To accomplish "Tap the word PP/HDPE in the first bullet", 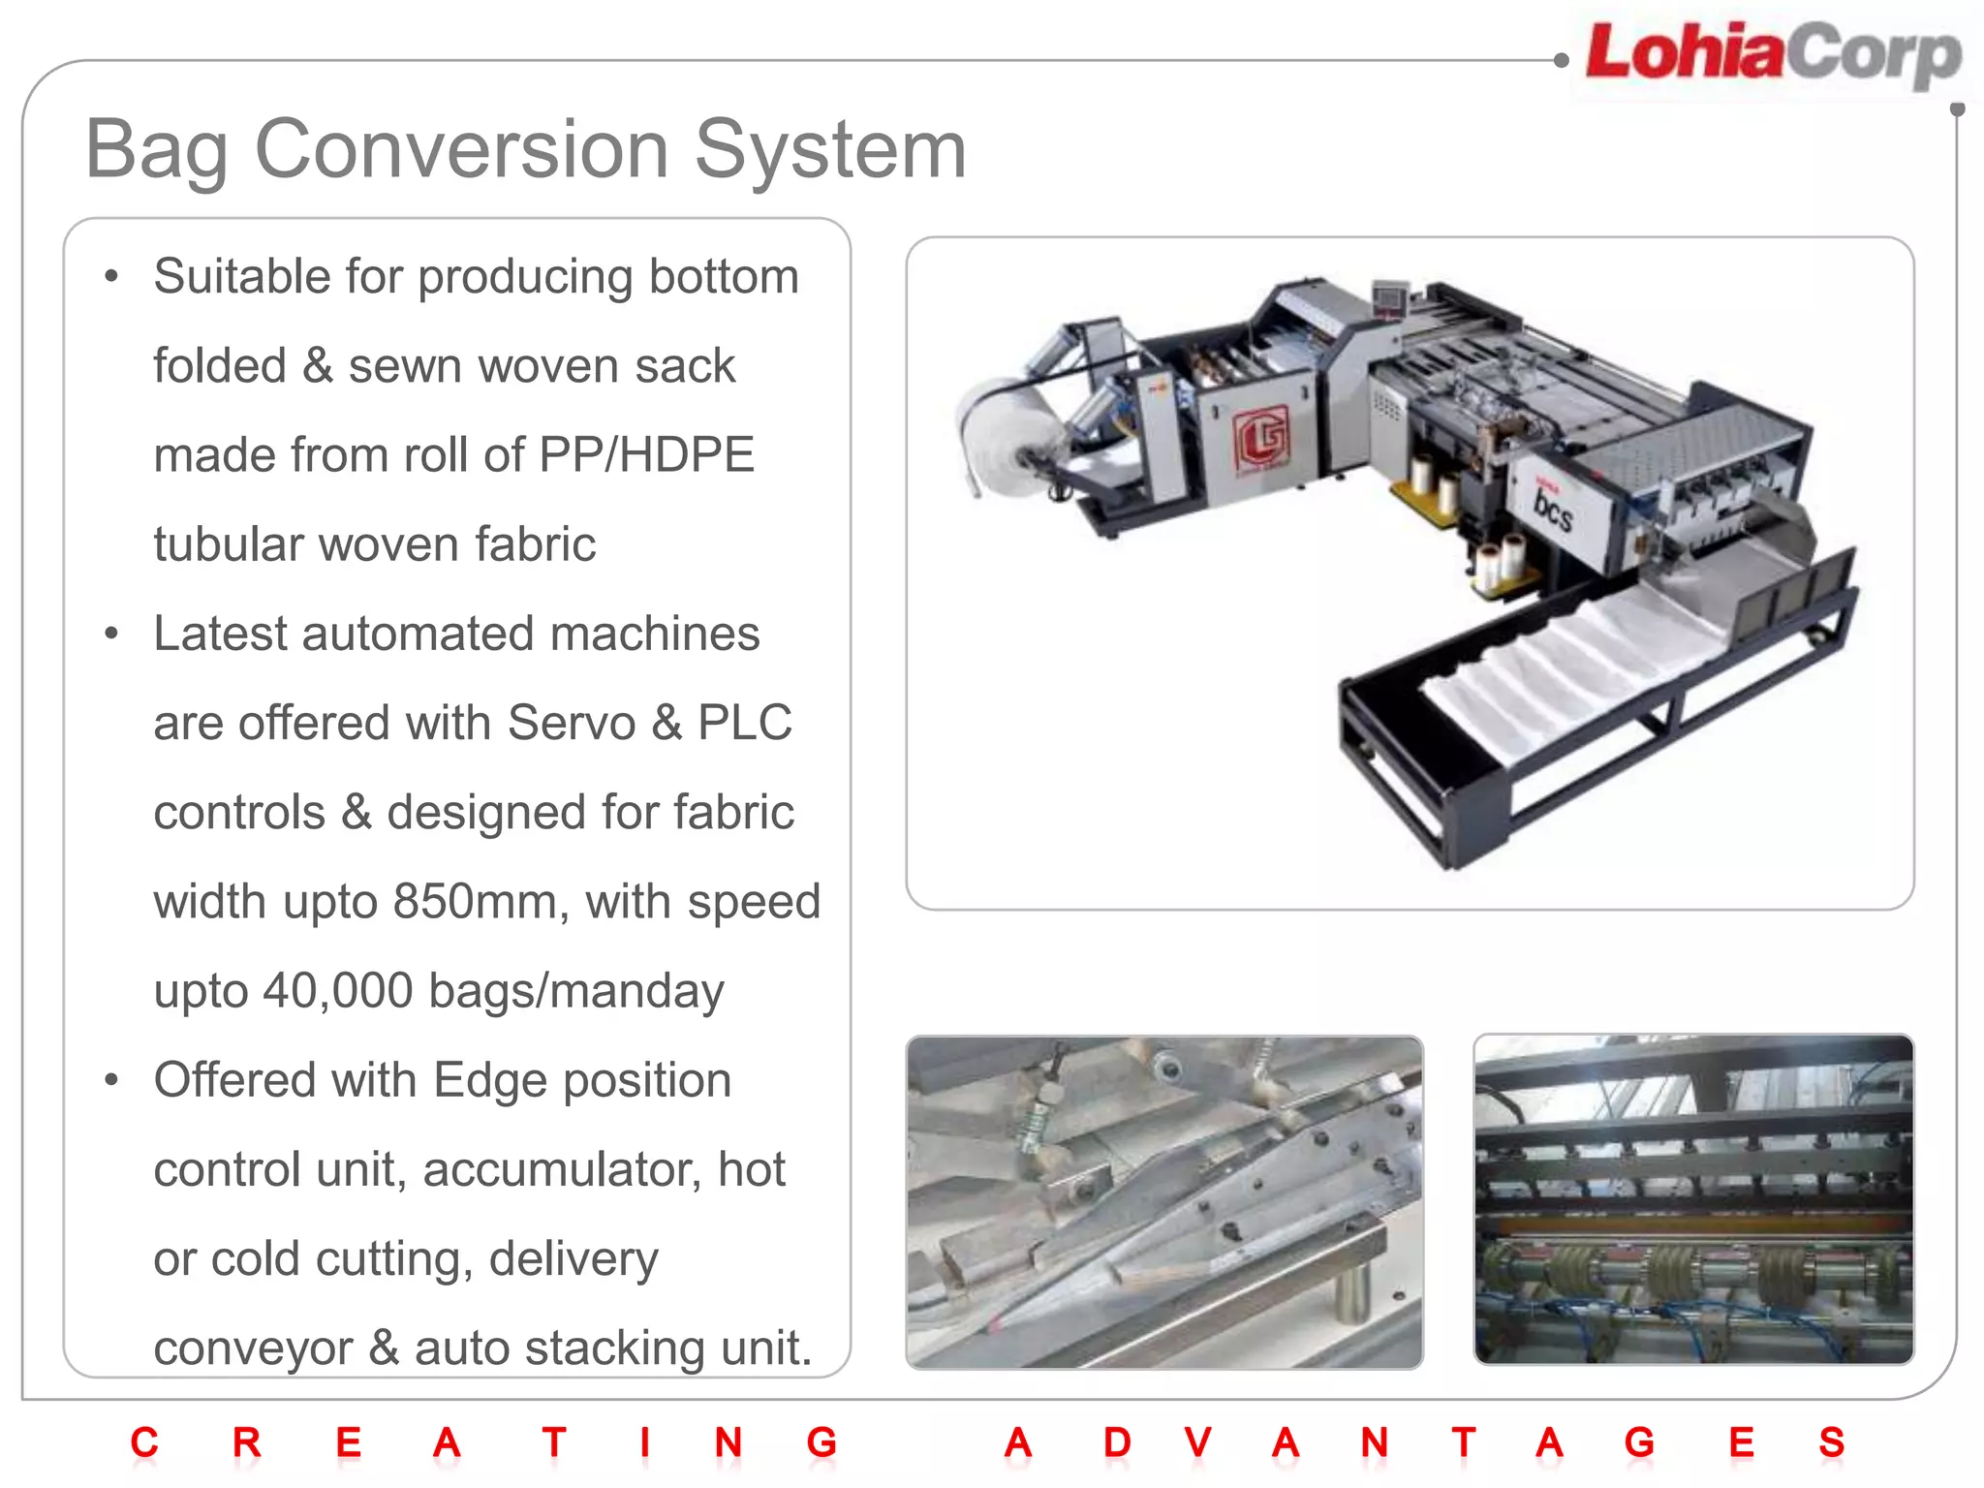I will tap(647, 455).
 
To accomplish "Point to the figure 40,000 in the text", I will tap(337, 991).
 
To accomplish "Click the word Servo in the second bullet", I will tap(571, 723).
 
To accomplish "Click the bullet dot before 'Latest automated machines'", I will tap(112, 635).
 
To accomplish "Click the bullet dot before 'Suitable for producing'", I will tap(112, 277).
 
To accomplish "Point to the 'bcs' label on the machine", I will tap(1552, 508).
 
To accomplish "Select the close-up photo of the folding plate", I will tap(1164, 1202).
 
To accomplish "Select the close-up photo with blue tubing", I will tap(1693, 1200).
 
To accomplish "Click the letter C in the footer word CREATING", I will tap(144, 1442).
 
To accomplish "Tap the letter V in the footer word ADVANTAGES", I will tap(1197, 1442).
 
